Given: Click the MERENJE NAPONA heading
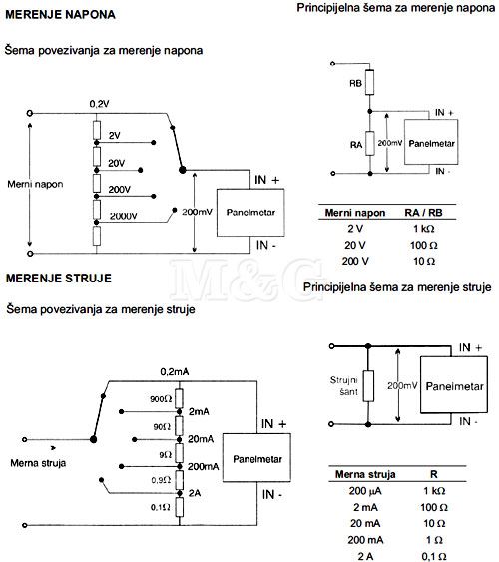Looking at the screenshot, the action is (60, 15).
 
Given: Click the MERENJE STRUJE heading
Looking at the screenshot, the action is (59, 279).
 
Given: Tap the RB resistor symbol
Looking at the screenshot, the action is (369, 82).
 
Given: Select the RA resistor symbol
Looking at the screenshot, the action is (370, 143).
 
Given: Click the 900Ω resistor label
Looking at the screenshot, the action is (161, 399).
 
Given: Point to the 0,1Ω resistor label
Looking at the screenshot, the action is (160, 507).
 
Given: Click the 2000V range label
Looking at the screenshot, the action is (123, 216).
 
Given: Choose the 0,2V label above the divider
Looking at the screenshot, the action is (99, 104).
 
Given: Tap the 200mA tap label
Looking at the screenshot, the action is (204, 466).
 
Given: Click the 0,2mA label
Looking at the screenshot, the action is (175, 372).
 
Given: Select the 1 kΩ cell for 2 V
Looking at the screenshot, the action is (424, 229).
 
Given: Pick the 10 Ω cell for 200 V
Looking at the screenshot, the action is (424, 261).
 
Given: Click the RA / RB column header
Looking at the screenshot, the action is (423, 213).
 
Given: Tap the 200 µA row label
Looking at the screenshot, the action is (365, 491).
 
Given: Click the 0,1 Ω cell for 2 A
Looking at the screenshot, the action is (434, 556).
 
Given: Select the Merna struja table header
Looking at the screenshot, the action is (365, 474).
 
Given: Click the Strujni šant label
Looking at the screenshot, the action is (344, 386).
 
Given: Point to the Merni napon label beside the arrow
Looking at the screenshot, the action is (35, 185).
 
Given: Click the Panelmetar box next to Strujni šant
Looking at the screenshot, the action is (454, 385).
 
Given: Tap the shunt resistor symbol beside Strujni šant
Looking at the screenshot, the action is (368, 386).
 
